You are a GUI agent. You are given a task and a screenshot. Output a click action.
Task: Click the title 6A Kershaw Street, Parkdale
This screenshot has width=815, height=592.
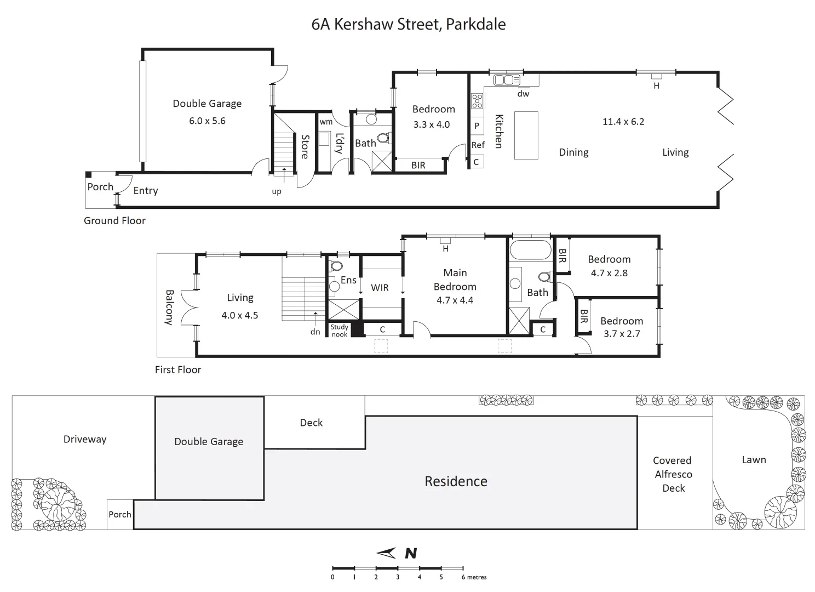pyautogui.click(x=408, y=24)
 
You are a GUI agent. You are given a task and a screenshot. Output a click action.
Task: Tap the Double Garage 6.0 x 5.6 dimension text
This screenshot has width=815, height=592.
pyautogui.click(x=207, y=121)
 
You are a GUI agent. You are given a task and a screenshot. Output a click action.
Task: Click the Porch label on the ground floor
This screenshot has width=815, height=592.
pyautogui.click(x=100, y=187)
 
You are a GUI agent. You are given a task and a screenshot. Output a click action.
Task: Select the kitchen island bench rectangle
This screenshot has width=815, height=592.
pyautogui.click(x=526, y=135)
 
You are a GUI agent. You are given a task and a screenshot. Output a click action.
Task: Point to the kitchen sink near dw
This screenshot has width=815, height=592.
pyautogui.click(x=507, y=80)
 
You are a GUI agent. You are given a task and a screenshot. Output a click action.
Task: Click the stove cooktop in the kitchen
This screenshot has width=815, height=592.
pyautogui.click(x=477, y=101)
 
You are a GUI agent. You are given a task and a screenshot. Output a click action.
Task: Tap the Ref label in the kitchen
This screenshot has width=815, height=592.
pyautogui.click(x=478, y=145)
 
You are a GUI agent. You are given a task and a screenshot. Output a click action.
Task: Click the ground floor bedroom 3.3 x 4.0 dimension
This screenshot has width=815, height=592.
pyautogui.click(x=431, y=125)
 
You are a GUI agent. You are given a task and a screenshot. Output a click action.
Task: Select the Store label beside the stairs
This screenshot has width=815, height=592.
pyautogui.click(x=305, y=147)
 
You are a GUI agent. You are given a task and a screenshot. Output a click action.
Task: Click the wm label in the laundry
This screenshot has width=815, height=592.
pyautogui.click(x=326, y=122)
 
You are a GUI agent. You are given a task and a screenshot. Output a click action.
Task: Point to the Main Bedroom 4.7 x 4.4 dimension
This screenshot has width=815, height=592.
pyautogui.click(x=455, y=300)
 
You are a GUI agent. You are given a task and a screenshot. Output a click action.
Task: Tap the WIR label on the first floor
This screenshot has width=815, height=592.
pyautogui.click(x=380, y=288)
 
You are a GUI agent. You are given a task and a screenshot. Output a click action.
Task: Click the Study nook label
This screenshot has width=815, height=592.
pyautogui.click(x=339, y=331)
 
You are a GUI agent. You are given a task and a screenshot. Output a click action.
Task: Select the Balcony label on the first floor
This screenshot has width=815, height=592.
pyautogui.click(x=169, y=308)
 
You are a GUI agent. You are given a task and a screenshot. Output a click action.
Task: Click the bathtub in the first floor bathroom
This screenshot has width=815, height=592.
pyautogui.click(x=530, y=251)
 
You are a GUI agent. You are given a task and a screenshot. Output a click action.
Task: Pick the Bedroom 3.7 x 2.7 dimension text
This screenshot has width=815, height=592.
pyautogui.click(x=622, y=334)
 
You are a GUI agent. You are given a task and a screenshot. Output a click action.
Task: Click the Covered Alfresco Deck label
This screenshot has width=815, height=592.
pyautogui.click(x=673, y=474)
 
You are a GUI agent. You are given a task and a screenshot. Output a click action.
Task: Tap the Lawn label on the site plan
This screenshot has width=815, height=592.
pyautogui.click(x=754, y=460)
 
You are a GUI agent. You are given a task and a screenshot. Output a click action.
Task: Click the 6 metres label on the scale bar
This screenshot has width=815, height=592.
pyautogui.click(x=474, y=577)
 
